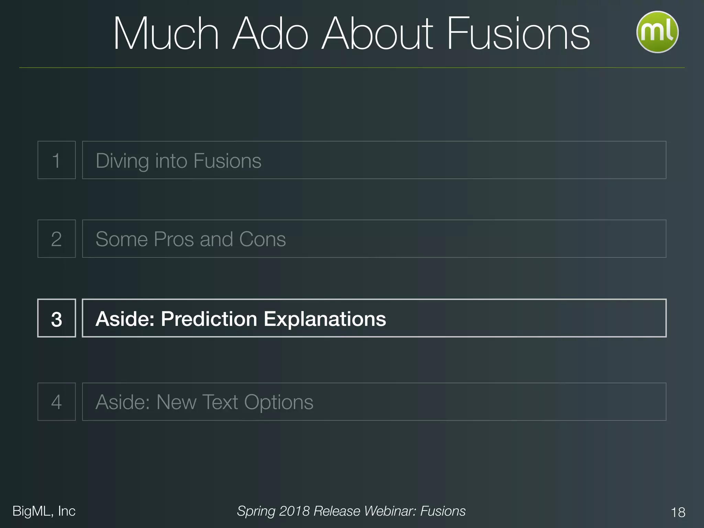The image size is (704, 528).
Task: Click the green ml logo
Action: coord(657,32)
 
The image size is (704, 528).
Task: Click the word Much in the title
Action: coord(166,34)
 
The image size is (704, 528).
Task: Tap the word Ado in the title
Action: coord(270,34)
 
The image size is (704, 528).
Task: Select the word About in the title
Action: coord(377,34)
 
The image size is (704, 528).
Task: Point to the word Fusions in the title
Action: coord(518,34)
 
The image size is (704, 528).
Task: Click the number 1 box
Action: coord(56,160)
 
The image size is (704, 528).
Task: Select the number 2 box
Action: coord(56,239)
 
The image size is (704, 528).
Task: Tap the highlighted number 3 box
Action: coord(56,318)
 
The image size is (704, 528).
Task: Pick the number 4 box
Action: coord(56,401)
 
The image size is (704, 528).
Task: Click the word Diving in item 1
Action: coord(122,161)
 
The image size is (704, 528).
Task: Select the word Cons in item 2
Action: coord(262,239)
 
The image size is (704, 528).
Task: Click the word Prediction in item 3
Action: coord(209,319)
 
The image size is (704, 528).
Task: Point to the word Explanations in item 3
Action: coord(325,319)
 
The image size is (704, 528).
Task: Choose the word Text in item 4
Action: coord(220,402)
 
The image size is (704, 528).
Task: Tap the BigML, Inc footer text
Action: coord(44,511)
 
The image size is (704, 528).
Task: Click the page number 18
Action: coord(678,512)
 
